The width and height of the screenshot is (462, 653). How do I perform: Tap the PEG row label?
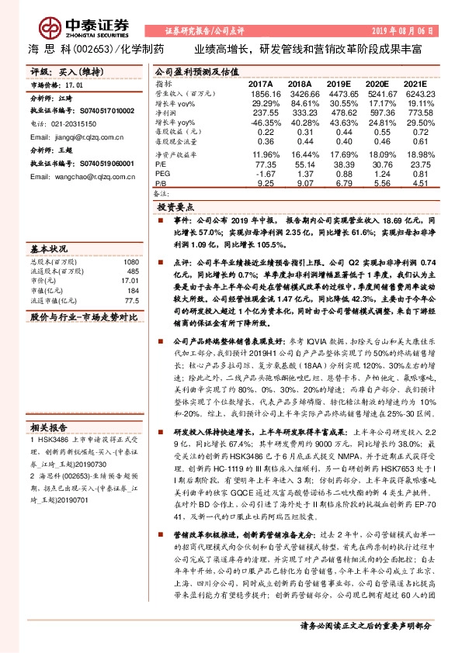click(162, 174)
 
